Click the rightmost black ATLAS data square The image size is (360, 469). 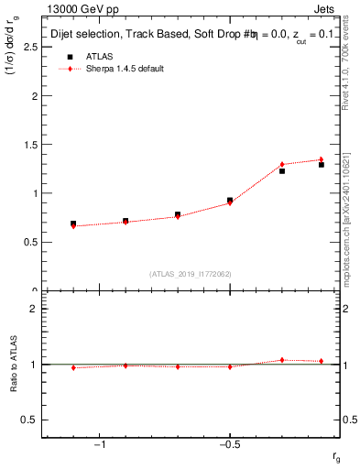tap(322, 165)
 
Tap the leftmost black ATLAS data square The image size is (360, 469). tap(73, 224)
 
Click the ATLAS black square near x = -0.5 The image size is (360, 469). tap(230, 200)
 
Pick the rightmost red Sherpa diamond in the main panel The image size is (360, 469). tap(322, 159)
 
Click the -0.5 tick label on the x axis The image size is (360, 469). tap(228, 444)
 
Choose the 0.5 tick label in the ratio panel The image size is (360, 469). tap(29, 420)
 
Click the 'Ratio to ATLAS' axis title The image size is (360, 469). tap(15, 364)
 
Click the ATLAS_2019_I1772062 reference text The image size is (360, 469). tap(191, 273)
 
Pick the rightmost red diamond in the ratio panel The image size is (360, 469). tap(322, 361)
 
